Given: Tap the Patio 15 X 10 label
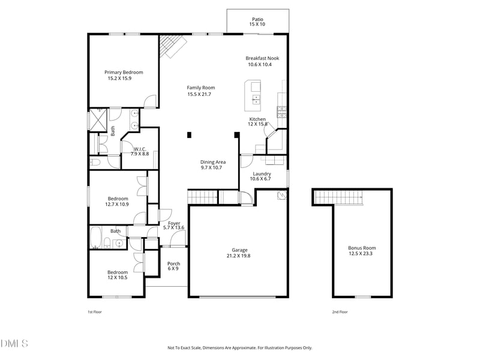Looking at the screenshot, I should coord(257,22).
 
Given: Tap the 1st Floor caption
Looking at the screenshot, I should coord(95,312).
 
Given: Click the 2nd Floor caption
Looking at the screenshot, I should coord(340,312).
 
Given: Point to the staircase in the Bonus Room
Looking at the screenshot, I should coord(340,196).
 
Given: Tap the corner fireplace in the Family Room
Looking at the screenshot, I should coord(170,46).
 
